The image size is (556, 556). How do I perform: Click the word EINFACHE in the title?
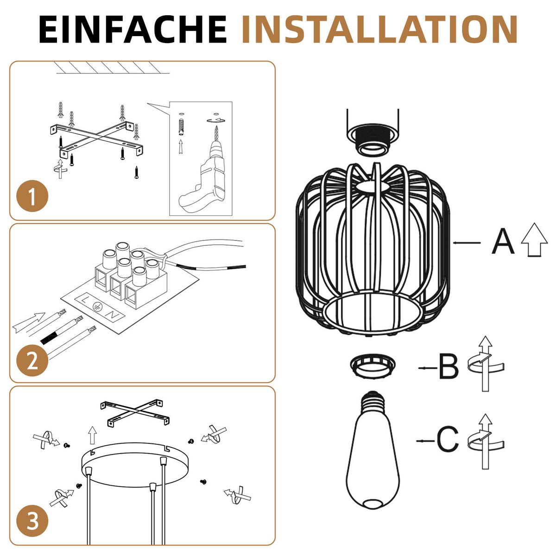coord(133,29)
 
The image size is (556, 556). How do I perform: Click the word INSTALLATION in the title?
coord(379,29)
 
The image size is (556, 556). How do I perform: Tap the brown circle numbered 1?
coord(32,196)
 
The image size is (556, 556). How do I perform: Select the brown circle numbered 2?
coord(32,360)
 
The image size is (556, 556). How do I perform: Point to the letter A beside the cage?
coord(503,241)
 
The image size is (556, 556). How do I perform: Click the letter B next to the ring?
coord(449,368)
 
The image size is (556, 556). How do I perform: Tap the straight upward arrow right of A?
coord(534,240)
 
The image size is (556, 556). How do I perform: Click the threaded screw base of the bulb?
coord(373,401)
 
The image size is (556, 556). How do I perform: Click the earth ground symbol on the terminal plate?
coord(97,306)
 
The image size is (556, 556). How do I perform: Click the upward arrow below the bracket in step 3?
coord(92,435)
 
